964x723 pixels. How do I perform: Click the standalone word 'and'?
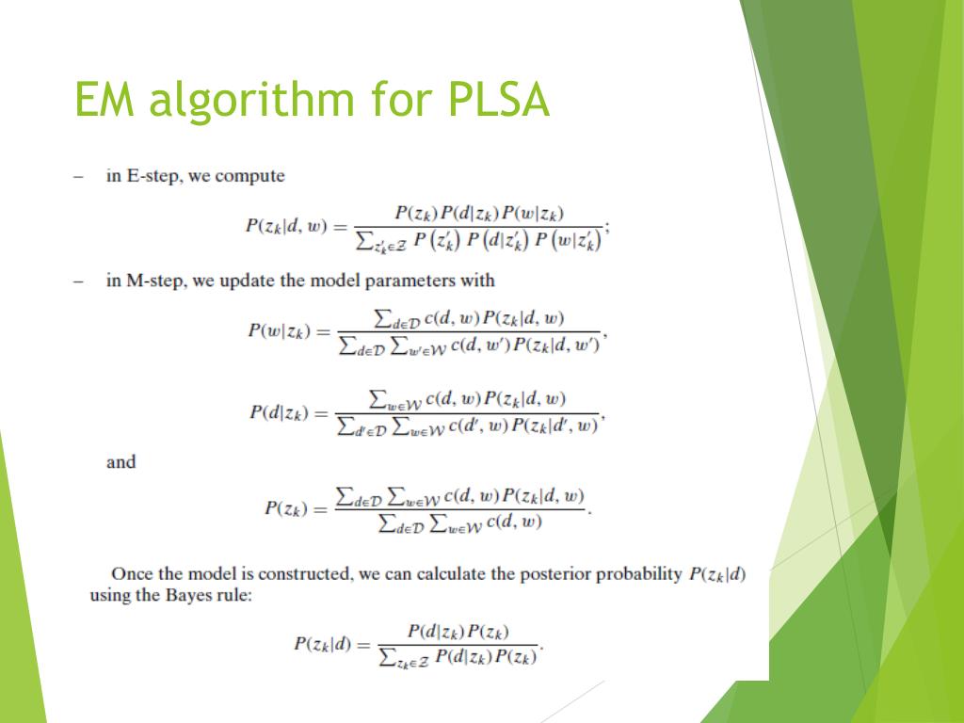pos(121,462)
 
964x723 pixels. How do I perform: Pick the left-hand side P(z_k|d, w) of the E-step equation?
pos(285,226)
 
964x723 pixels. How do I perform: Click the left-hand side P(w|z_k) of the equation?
pos(279,331)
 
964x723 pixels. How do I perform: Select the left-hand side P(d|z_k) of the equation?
pos(280,412)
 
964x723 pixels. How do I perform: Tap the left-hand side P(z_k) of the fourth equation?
pos(286,508)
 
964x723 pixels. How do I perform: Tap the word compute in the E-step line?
pos(250,177)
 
